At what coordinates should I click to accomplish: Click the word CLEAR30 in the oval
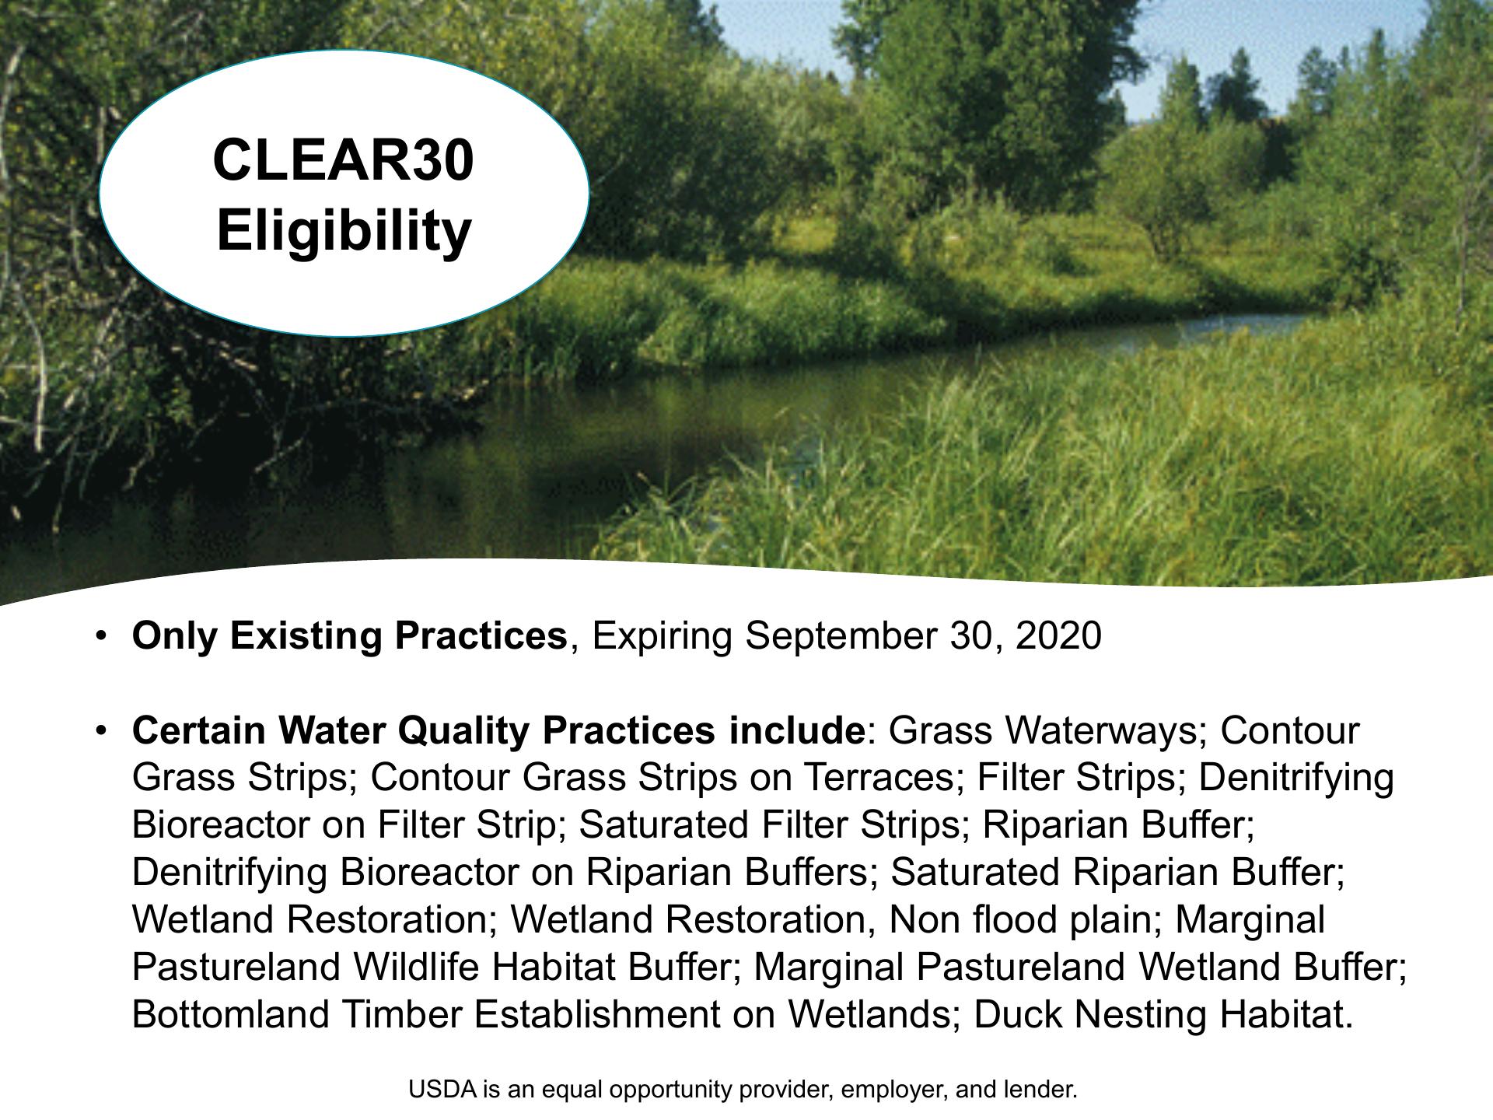[343, 160]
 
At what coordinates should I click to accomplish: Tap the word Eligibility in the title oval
[344, 231]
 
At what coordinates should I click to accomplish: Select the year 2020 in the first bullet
[1058, 635]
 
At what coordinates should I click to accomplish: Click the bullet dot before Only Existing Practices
[100, 636]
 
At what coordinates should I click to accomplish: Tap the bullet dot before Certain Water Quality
[100, 731]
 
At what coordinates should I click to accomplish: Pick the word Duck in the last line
[1012, 1014]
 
